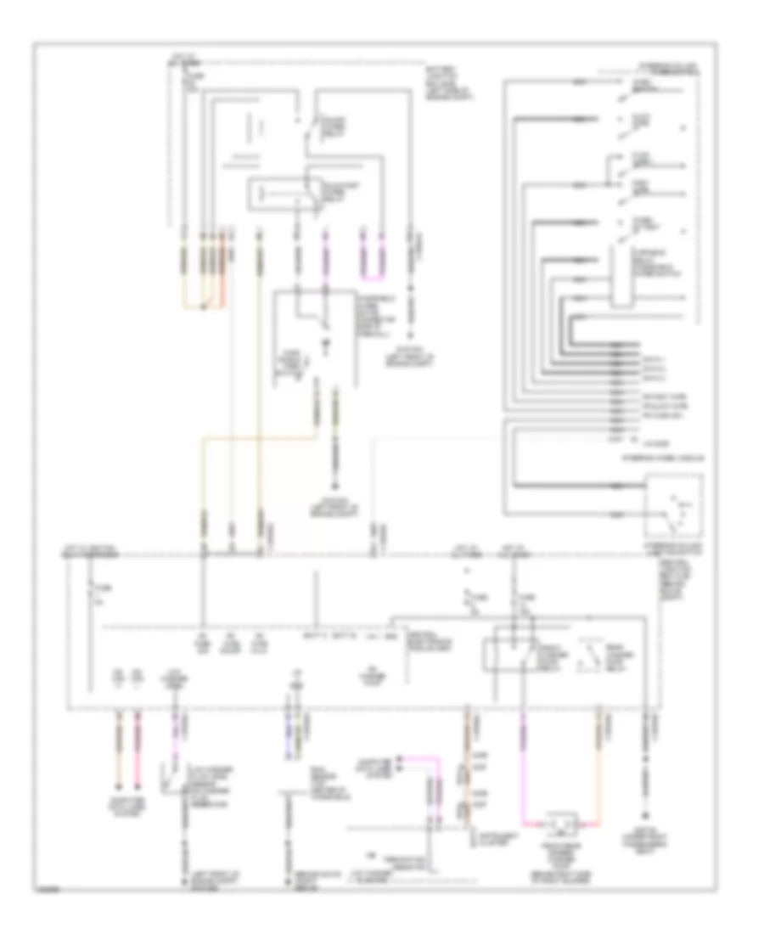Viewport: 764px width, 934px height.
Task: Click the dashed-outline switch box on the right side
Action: click(x=675, y=505)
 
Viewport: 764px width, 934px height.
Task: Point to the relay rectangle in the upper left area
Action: click(x=280, y=194)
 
